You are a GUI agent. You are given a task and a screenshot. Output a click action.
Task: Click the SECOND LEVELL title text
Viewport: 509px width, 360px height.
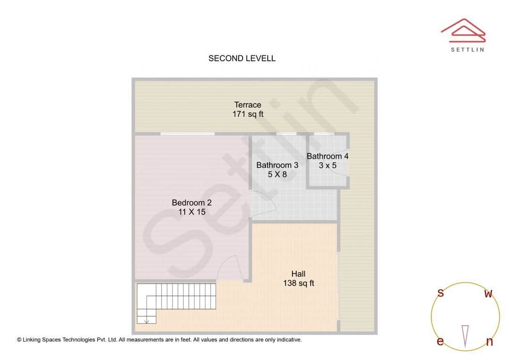(242, 58)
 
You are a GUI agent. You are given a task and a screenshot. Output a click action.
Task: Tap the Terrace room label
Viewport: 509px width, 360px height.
(247, 105)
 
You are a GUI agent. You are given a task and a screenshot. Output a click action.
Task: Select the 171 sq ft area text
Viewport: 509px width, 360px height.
(247, 114)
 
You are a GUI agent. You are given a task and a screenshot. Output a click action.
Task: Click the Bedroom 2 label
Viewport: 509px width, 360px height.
(191, 203)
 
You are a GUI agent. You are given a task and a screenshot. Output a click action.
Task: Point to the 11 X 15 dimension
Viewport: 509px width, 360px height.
(191, 212)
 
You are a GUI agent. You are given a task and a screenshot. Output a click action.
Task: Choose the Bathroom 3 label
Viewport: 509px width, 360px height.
(277, 165)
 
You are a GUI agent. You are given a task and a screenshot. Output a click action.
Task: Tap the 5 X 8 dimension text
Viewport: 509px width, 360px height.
(277, 174)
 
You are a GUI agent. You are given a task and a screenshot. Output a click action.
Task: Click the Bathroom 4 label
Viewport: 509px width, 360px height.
(328, 156)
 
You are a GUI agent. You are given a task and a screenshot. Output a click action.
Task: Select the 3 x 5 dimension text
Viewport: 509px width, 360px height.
(328, 165)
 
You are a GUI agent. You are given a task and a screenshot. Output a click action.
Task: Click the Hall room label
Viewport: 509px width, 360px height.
(298, 274)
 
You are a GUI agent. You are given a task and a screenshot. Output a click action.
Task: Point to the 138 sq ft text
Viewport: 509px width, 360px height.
(298, 283)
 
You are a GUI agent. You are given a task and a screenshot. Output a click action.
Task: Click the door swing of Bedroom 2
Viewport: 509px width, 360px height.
(230, 269)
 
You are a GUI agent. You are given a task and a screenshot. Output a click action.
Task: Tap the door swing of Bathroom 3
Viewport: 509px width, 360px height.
(264, 205)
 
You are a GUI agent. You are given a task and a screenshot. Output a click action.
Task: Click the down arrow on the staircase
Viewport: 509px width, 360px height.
(147, 320)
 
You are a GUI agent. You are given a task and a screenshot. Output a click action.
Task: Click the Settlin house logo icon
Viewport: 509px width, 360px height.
(463, 29)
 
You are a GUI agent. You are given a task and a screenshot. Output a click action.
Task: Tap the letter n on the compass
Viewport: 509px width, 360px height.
(489, 342)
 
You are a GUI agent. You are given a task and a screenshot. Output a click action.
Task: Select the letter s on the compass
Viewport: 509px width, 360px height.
(441, 293)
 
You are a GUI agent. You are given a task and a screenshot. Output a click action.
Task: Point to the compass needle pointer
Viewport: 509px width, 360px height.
(465, 336)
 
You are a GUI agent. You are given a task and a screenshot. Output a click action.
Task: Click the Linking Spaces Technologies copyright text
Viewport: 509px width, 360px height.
(159, 339)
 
